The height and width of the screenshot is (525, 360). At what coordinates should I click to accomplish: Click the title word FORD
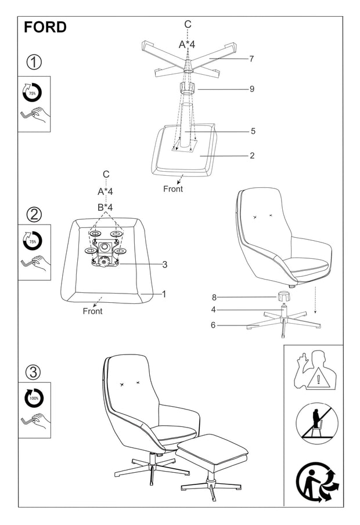[x=45, y=27]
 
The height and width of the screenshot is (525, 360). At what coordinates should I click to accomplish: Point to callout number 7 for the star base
[x=251, y=59]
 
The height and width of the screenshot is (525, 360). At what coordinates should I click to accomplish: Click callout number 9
[x=251, y=89]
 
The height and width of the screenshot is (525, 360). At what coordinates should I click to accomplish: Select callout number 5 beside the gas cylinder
[x=253, y=131]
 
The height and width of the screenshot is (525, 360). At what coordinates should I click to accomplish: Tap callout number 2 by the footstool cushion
[x=253, y=155]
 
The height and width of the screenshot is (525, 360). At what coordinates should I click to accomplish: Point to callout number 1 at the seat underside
[x=164, y=294]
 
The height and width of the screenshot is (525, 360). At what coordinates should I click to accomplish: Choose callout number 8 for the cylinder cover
[x=213, y=298]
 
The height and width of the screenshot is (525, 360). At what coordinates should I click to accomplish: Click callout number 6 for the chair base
[x=213, y=325]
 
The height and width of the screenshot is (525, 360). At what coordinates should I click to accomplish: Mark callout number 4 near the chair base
[x=213, y=310]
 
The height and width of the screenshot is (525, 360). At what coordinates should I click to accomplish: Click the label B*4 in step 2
[x=105, y=207]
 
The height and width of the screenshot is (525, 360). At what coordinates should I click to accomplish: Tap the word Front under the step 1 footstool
[x=173, y=189]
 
